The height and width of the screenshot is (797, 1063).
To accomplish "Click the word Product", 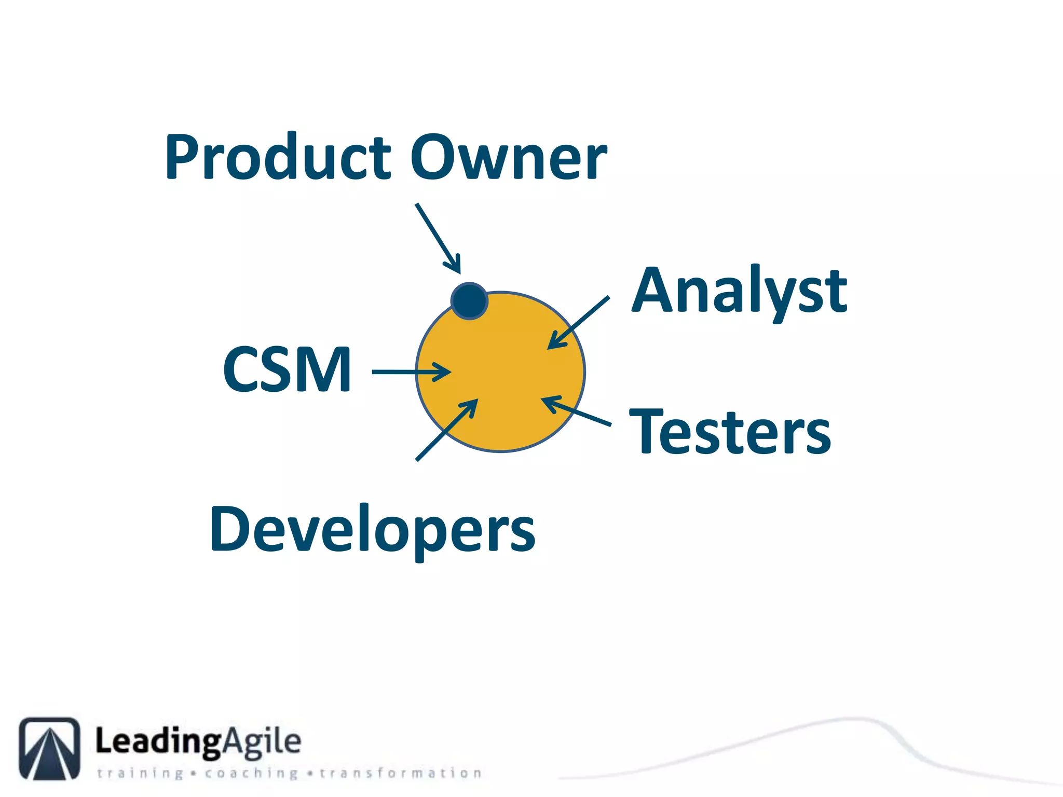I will [278, 157].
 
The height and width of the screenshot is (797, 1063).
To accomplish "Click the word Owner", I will [509, 157].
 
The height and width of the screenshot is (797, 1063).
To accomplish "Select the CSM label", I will [287, 369].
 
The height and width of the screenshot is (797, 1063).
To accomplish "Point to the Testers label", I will [730, 432].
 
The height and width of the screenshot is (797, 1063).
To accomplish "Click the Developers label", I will [372, 529].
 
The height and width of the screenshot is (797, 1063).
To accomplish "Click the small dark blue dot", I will [469, 301].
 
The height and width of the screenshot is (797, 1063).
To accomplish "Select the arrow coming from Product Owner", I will [438, 238].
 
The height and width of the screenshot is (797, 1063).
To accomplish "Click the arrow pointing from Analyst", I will [579, 323].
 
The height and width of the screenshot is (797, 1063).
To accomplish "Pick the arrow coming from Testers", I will [576, 411].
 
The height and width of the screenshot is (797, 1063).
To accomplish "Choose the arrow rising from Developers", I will [447, 430].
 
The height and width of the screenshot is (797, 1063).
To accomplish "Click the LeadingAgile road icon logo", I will [50, 748].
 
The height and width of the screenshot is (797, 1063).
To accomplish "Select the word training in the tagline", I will [140, 774].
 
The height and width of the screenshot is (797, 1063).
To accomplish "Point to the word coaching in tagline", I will [251, 774].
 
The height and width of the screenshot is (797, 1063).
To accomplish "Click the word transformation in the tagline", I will [400, 773].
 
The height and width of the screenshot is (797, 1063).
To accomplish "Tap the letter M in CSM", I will [329, 369].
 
